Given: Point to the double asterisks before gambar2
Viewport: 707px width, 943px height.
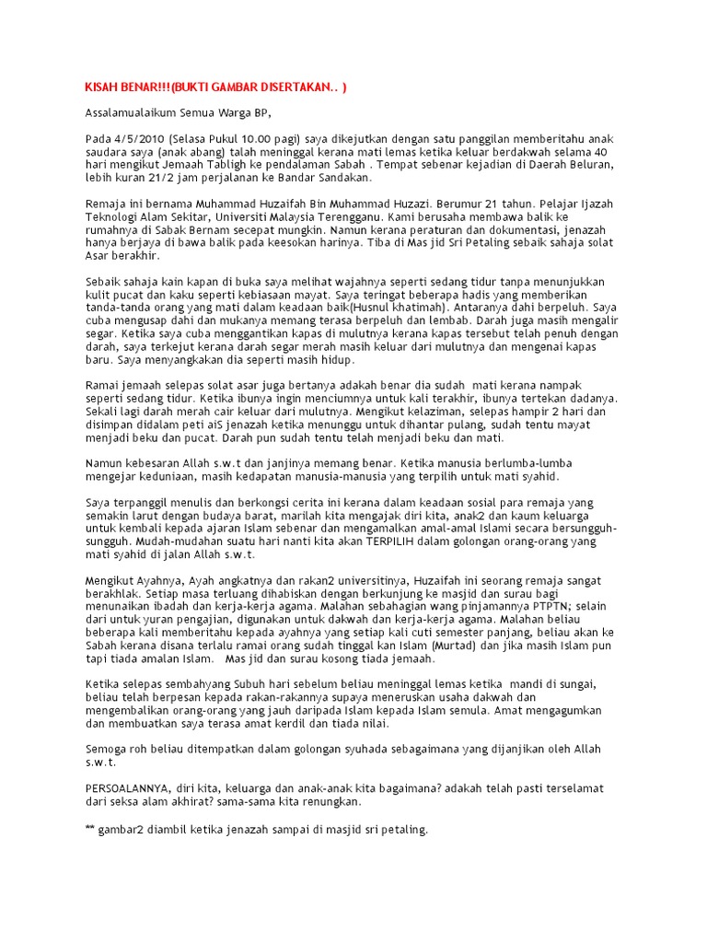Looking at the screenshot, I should click(x=89, y=830).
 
